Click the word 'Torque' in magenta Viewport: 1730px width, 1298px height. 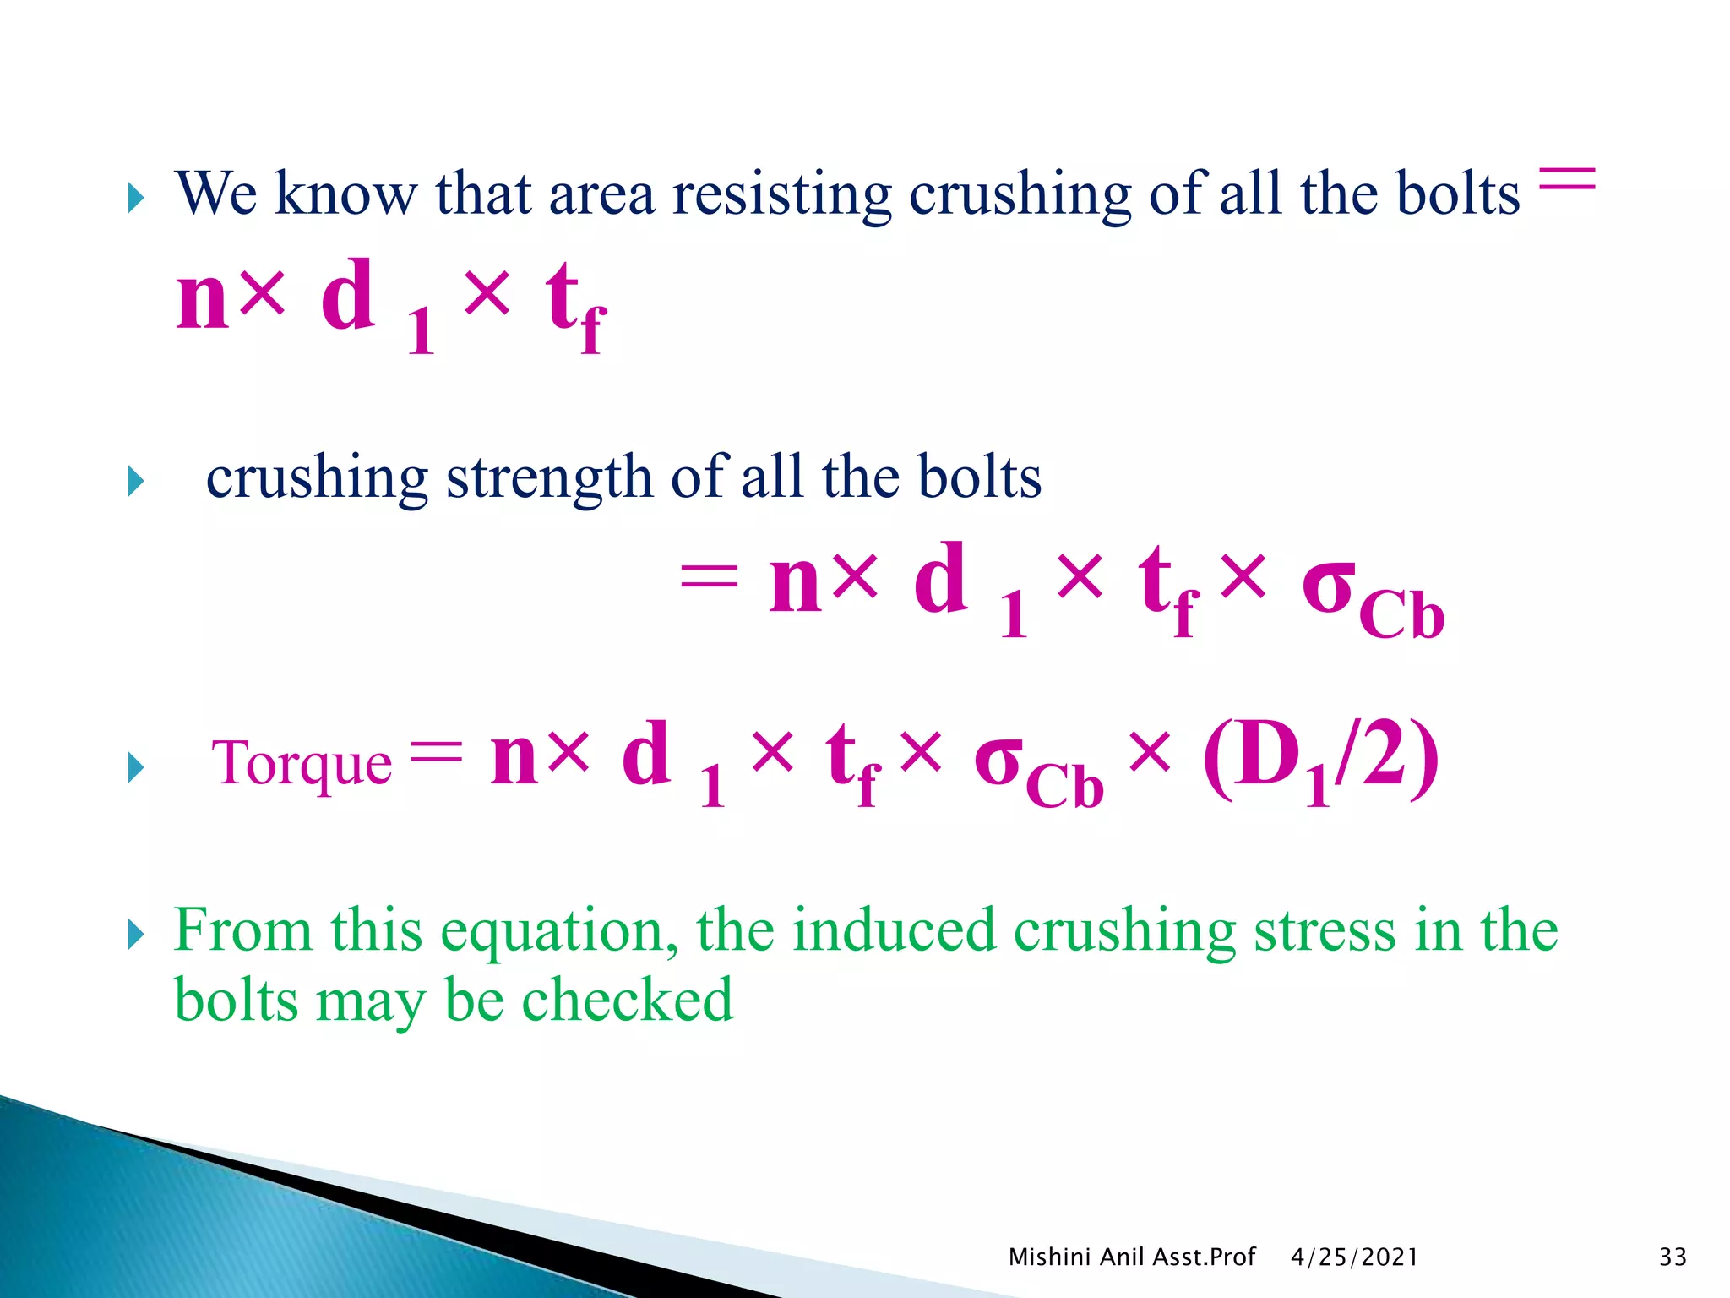(x=302, y=764)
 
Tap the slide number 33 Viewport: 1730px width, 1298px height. (x=1673, y=1257)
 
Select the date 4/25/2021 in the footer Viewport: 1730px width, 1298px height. (x=1354, y=1257)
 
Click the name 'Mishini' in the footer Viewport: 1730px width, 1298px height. (x=1050, y=1257)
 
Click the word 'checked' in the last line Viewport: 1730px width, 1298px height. (x=628, y=1001)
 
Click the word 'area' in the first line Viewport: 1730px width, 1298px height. (x=601, y=195)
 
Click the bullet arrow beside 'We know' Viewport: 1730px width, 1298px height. (x=136, y=199)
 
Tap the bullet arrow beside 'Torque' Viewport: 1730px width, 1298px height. (x=136, y=767)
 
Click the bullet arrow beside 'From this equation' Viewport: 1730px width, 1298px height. (x=136, y=935)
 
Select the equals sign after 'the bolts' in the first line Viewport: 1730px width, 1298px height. (x=1567, y=178)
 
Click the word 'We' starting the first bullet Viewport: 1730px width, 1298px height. (x=215, y=195)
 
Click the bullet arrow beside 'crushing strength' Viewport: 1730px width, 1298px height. (x=136, y=482)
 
